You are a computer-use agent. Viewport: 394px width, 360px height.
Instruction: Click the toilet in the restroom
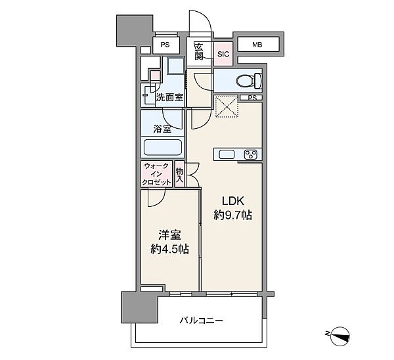click(x=249, y=81)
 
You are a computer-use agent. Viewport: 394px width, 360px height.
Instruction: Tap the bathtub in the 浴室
click(x=163, y=147)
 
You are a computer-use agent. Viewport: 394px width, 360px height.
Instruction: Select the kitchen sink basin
click(x=227, y=154)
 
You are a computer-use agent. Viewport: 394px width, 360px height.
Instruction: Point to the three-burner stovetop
click(x=251, y=154)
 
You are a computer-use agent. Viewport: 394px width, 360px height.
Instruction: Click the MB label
click(x=257, y=45)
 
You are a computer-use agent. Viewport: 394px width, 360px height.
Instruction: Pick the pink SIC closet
click(x=223, y=54)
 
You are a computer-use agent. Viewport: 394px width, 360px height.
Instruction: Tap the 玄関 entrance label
click(x=199, y=51)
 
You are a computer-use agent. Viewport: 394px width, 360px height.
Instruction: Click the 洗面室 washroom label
click(x=169, y=97)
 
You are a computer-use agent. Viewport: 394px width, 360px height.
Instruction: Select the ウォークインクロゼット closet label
click(x=156, y=174)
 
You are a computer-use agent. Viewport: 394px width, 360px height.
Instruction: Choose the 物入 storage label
click(x=179, y=175)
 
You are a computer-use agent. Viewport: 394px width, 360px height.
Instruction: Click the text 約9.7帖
click(x=232, y=215)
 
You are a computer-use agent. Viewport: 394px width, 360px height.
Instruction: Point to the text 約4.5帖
click(x=169, y=249)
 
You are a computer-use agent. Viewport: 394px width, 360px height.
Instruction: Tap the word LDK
click(x=233, y=201)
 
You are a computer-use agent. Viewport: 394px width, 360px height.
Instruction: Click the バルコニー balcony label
click(x=201, y=321)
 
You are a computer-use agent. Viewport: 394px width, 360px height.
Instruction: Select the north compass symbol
click(x=339, y=336)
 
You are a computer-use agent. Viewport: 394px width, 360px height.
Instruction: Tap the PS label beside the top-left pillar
click(x=165, y=45)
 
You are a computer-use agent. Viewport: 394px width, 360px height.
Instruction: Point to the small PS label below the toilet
click(x=252, y=98)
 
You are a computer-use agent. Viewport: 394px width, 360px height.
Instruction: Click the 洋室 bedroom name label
click(x=169, y=235)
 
